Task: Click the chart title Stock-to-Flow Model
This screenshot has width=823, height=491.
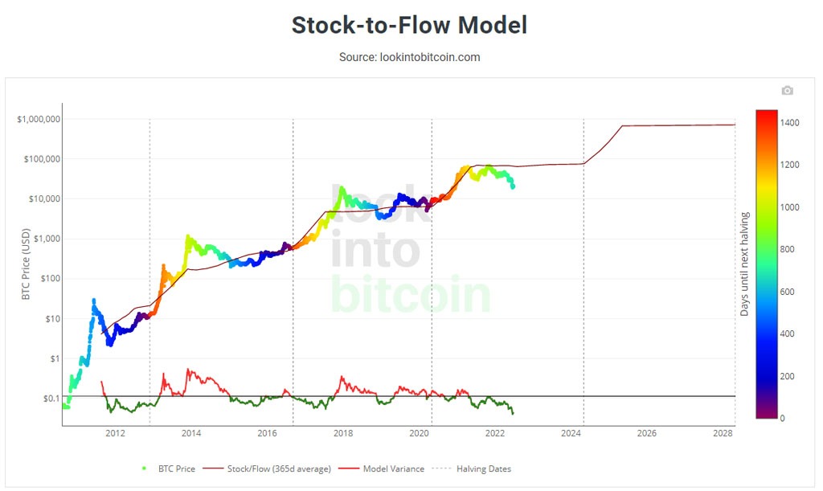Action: coord(409,25)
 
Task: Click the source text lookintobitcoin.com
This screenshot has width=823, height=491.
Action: coord(409,57)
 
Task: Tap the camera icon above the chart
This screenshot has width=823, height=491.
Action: coord(787,91)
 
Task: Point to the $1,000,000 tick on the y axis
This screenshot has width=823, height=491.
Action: coord(39,119)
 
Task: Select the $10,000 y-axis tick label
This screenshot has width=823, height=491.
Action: coord(42,198)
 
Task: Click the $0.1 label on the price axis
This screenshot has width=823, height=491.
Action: coord(51,399)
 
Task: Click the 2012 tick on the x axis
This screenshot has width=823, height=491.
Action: coord(115,434)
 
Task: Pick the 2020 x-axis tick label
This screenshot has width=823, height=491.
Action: coord(420,434)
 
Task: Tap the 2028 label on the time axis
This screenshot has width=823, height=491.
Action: coord(723,434)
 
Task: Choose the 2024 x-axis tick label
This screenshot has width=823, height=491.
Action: coord(571,434)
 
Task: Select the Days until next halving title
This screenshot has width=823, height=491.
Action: coord(744,264)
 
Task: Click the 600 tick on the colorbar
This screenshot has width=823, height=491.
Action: coord(788,292)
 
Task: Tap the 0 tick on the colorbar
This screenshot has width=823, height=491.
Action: coord(783,418)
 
